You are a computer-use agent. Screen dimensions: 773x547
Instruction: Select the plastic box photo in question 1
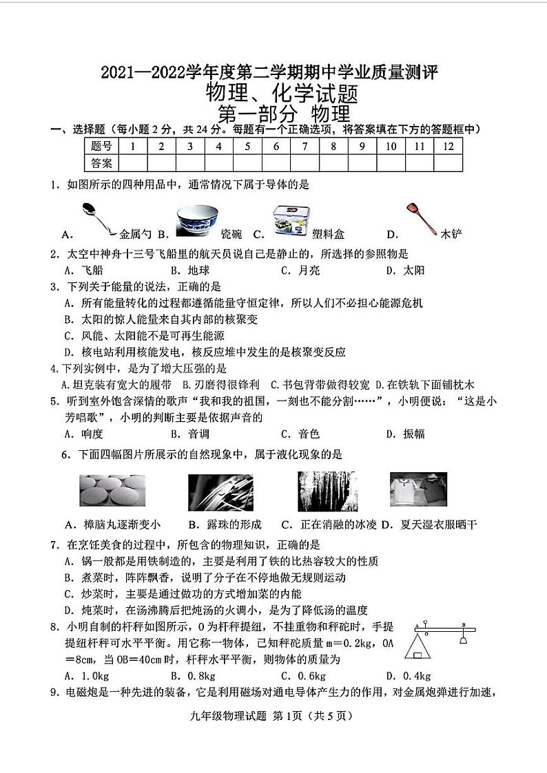point(290,220)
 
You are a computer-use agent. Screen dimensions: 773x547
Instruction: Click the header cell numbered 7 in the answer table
point(304,146)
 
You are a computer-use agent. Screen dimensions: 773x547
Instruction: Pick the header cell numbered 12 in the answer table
point(448,146)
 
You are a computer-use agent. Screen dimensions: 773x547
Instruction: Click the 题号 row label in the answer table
point(101,146)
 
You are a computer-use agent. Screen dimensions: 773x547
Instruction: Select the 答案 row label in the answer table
point(101,163)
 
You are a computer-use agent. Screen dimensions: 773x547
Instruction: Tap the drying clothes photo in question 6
point(419,491)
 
